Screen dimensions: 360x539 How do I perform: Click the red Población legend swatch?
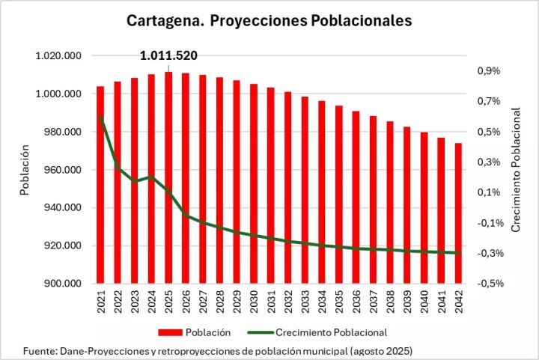[x=172, y=332]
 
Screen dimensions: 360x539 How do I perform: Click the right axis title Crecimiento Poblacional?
[x=515, y=169]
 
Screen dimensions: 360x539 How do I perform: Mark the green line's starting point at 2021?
[x=100, y=116]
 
